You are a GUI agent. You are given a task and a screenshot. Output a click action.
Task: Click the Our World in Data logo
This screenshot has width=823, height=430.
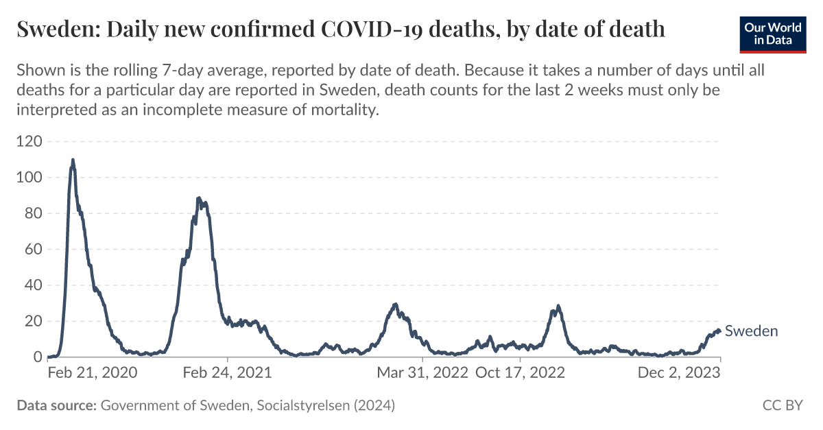[773, 32]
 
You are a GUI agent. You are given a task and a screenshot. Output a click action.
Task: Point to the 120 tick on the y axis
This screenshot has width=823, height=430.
[29, 142]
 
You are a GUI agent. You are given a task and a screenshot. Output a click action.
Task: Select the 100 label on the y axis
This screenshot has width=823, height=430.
[29, 178]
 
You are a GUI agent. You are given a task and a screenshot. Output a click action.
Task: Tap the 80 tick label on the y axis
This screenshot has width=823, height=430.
[32, 214]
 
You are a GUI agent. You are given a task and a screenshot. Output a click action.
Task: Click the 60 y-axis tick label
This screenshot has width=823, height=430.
[32, 250]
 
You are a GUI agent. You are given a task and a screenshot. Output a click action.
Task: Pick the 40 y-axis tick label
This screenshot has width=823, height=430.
[32, 285]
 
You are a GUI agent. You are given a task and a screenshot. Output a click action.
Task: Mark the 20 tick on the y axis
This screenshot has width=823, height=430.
[32, 322]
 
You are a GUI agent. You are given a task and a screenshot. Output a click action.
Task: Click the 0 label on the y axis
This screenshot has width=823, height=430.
[37, 357]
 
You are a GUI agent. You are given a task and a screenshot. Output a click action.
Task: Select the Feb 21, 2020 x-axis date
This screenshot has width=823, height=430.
[93, 373]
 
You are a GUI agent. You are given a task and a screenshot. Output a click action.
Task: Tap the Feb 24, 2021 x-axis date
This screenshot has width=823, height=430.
[228, 373]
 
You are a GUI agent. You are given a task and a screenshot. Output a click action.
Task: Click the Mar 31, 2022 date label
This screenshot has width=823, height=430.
[422, 373]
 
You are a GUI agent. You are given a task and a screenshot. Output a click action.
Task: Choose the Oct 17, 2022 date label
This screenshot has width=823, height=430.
[520, 373]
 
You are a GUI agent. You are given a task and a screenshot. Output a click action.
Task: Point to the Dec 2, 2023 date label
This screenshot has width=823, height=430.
[679, 373]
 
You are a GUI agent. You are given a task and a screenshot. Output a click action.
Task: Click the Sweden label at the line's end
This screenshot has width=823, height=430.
[751, 331]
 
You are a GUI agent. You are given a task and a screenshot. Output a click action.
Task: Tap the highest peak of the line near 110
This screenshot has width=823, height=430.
[73, 160]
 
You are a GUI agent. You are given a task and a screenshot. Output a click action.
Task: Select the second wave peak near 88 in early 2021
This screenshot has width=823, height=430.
[198, 198]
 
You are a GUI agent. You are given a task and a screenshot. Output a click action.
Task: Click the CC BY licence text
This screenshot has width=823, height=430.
[782, 405]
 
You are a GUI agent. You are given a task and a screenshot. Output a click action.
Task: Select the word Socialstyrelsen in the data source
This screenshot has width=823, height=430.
[301, 405]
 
